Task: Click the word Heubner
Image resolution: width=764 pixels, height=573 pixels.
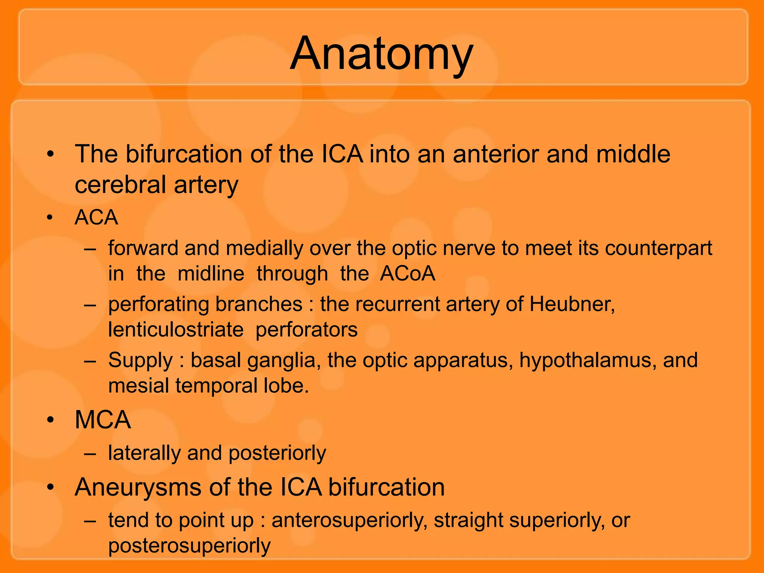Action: pyautogui.click(x=571, y=304)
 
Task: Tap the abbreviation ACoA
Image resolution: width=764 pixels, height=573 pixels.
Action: pyautogui.click(x=407, y=273)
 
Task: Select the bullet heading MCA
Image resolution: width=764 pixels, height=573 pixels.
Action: pyautogui.click(x=103, y=420)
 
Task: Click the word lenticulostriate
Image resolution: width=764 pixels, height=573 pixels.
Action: pyautogui.click(x=176, y=330)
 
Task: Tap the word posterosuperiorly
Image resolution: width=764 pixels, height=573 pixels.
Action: pyautogui.click(x=189, y=546)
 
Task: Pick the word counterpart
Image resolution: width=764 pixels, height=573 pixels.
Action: pyautogui.click(x=658, y=248)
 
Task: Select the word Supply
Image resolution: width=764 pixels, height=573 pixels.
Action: pyautogui.click(x=141, y=360)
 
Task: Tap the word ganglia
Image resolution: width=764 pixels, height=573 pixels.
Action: pyautogui.click(x=283, y=360)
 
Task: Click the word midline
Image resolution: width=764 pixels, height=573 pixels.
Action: pyautogui.click(x=211, y=273)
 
